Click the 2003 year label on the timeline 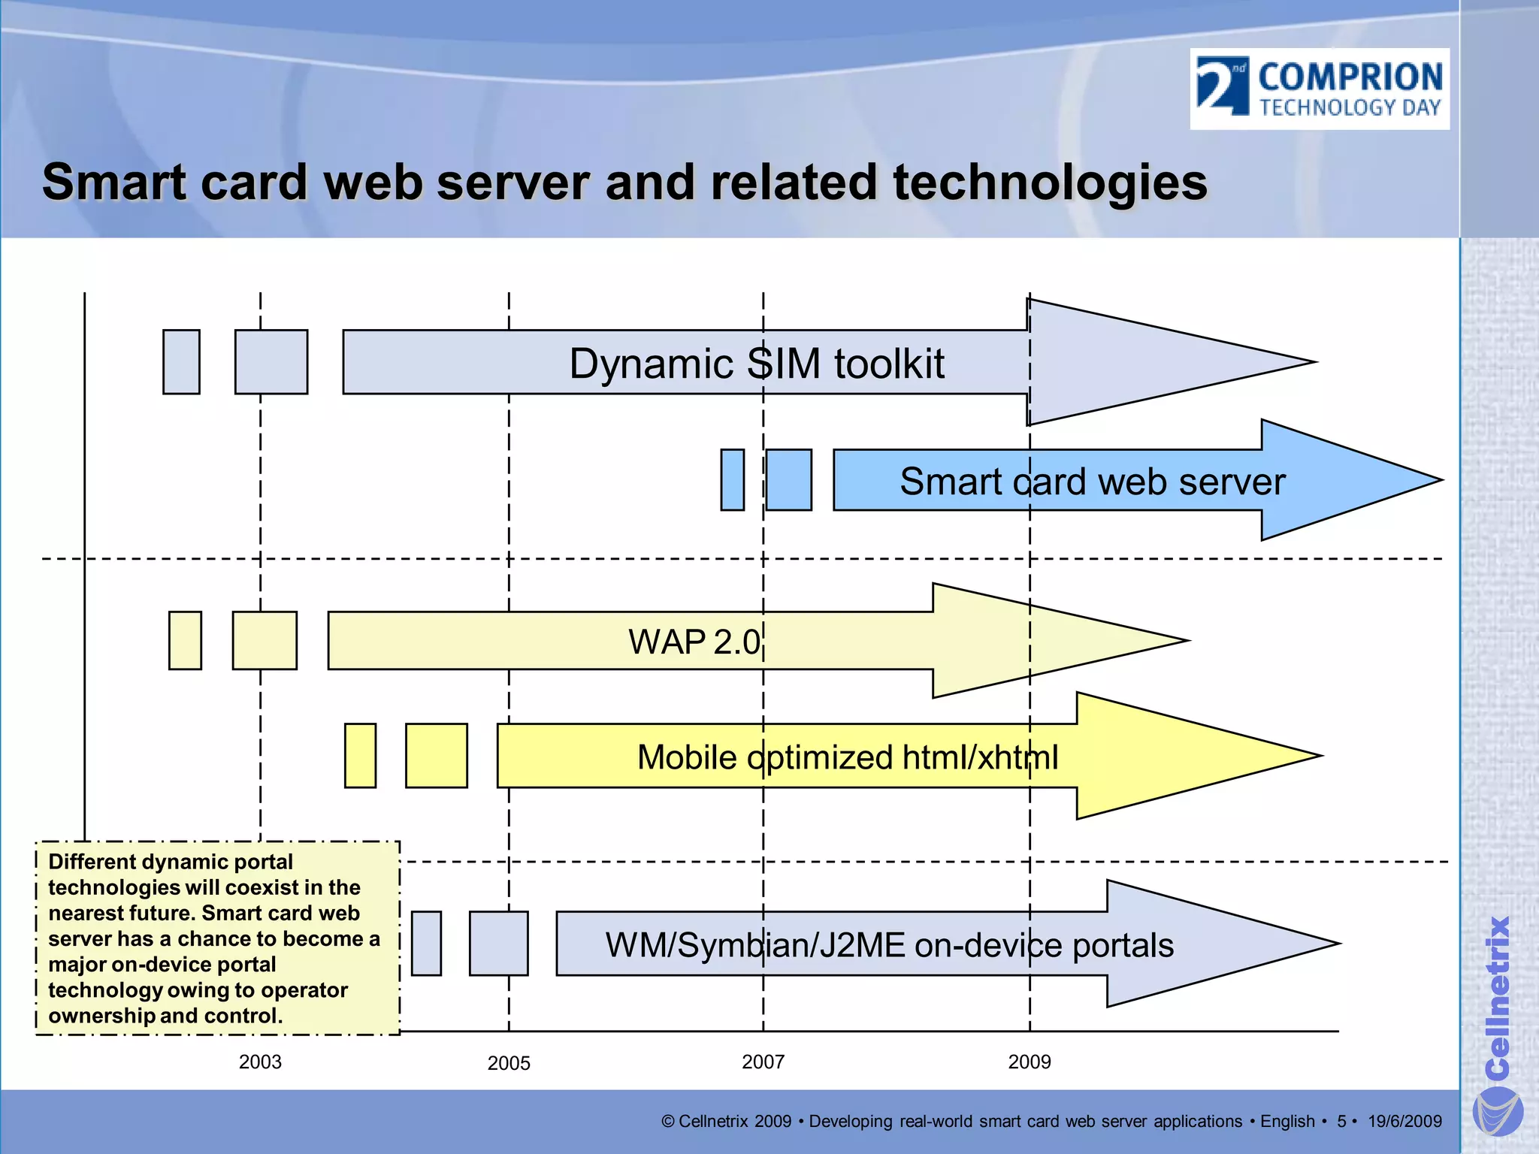coord(260,1062)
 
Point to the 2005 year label coord(509,1063)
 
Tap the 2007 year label coord(763,1062)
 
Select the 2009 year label coord(1029,1062)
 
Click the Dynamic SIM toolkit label coord(756,364)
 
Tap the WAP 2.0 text coord(694,642)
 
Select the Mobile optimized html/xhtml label coord(847,757)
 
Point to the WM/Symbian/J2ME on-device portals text coord(889,945)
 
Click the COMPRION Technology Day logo coord(1320,89)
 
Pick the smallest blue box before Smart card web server coord(732,480)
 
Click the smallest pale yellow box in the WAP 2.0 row coord(185,640)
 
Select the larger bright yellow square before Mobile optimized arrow coord(436,755)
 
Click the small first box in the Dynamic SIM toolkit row coord(181,361)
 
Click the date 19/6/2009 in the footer coord(1404,1121)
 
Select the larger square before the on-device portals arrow coord(498,943)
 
